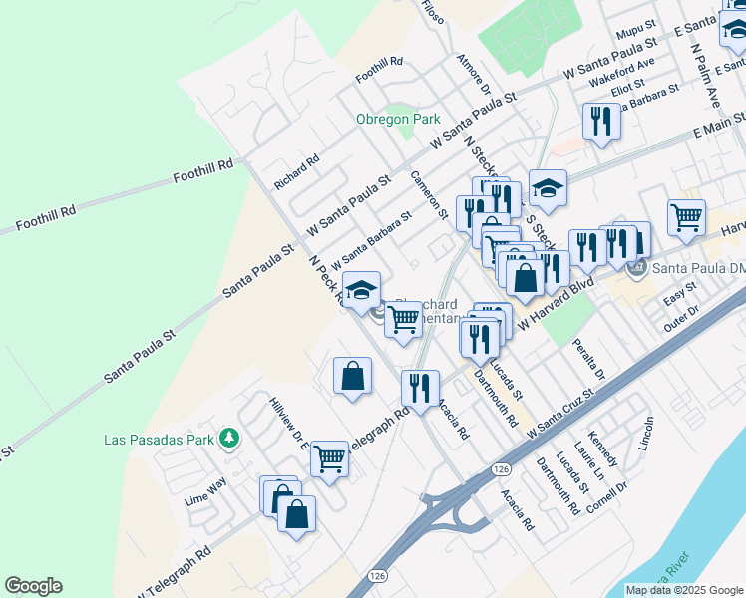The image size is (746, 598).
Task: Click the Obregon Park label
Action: (x=398, y=119)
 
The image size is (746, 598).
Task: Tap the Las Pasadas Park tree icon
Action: (x=230, y=438)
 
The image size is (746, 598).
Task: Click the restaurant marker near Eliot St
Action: (x=601, y=121)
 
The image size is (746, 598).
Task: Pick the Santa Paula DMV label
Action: (x=698, y=267)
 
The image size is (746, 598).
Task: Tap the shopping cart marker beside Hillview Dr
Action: (x=329, y=458)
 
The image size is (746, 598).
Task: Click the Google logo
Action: (x=33, y=586)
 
